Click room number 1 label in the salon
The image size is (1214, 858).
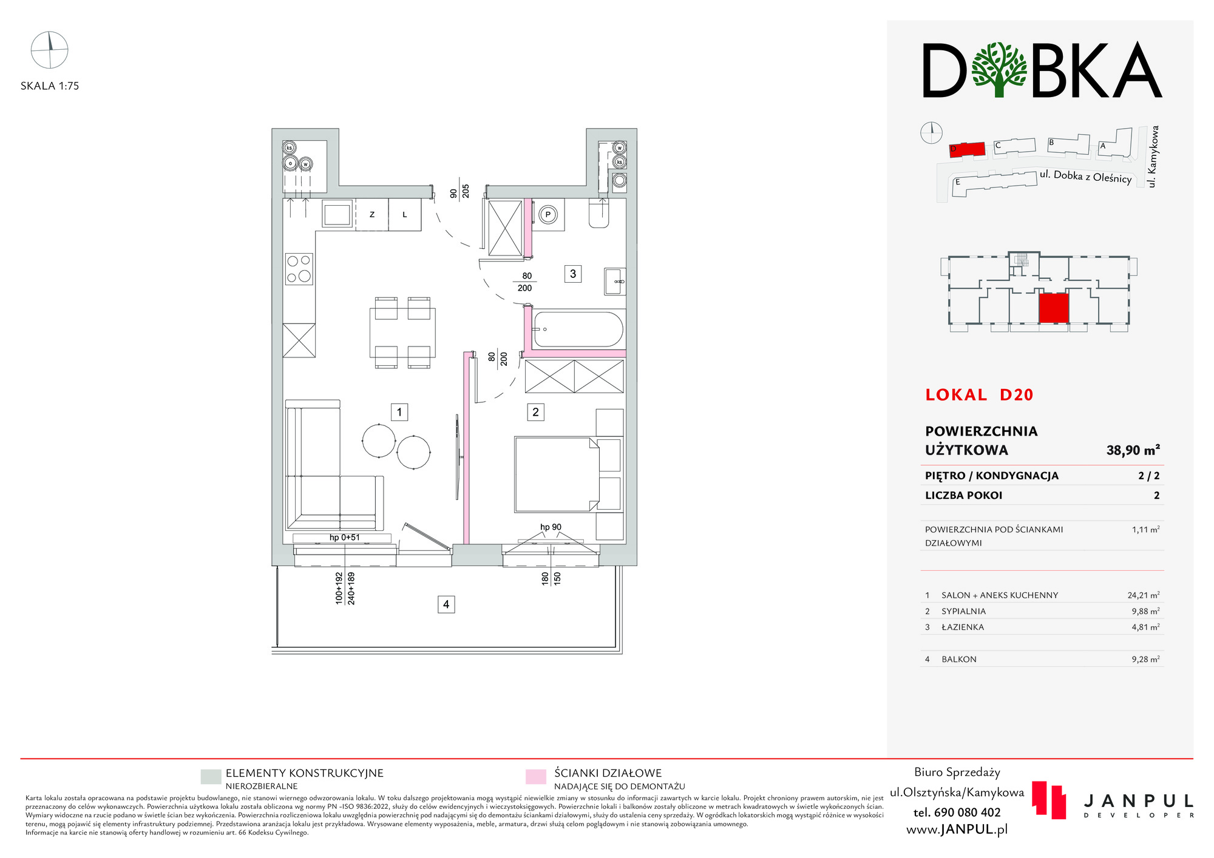[x=399, y=412]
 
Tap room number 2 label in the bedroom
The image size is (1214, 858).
[x=535, y=412]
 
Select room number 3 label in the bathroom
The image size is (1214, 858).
[x=573, y=274]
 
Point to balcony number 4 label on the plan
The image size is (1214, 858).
[x=446, y=604]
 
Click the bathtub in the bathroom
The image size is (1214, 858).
[x=578, y=329]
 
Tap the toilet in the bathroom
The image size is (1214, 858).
[x=599, y=214]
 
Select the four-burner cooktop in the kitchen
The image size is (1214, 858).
[x=299, y=269]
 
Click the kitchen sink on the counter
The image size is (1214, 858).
[x=337, y=214]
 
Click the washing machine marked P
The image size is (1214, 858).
[x=548, y=214]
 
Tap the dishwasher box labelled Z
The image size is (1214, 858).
[x=372, y=215]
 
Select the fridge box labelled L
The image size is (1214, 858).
[x=405, y=215]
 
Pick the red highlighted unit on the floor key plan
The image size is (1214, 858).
[x=1053, y=308]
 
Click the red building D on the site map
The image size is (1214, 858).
[x=966, y=150]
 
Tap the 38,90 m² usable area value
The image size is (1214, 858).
[x=1133, y=450]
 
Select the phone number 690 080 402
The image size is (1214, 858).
[x=957, y=812]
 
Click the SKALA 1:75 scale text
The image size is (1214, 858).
[x=50, y=86]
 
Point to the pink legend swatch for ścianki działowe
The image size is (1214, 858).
[x=536, y=777]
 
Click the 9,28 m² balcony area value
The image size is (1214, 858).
[x=1145, y=659]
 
